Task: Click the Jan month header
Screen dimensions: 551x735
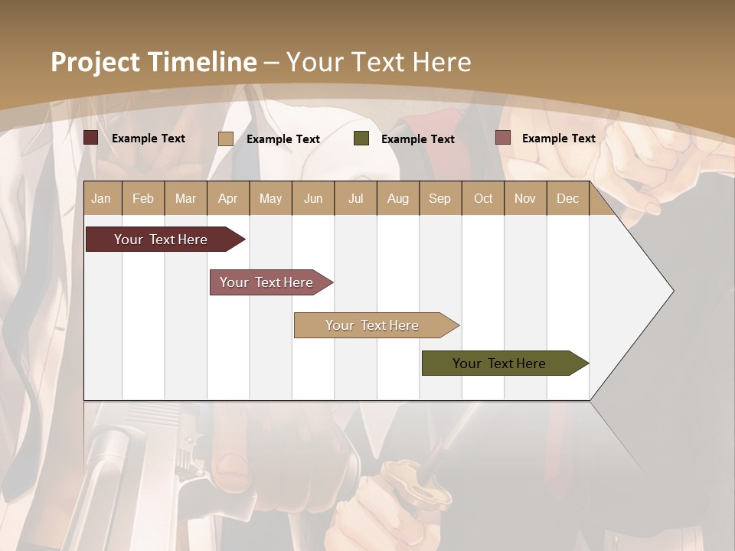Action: point(101,198)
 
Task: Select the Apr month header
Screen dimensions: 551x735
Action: point(227,198)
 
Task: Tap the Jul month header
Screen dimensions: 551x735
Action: point(355,198)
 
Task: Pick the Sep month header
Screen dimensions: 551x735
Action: point(439,198)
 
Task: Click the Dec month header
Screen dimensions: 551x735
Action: point(567,198)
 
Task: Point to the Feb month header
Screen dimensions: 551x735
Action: point(143,198)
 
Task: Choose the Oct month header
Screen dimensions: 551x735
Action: point(483,198)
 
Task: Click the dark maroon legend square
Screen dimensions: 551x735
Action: point(90,138)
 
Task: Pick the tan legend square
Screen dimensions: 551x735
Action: point(226,139)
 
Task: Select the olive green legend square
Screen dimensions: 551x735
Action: point(361,139)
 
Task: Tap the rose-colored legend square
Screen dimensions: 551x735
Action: point(502,138)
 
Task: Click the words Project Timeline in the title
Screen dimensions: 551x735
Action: point(154,62)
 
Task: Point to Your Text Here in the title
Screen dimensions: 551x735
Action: point(378,62)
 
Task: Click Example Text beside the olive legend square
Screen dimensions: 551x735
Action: point(418,139)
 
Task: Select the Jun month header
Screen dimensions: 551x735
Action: point(313,198)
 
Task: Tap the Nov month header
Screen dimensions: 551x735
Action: point(525,198)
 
